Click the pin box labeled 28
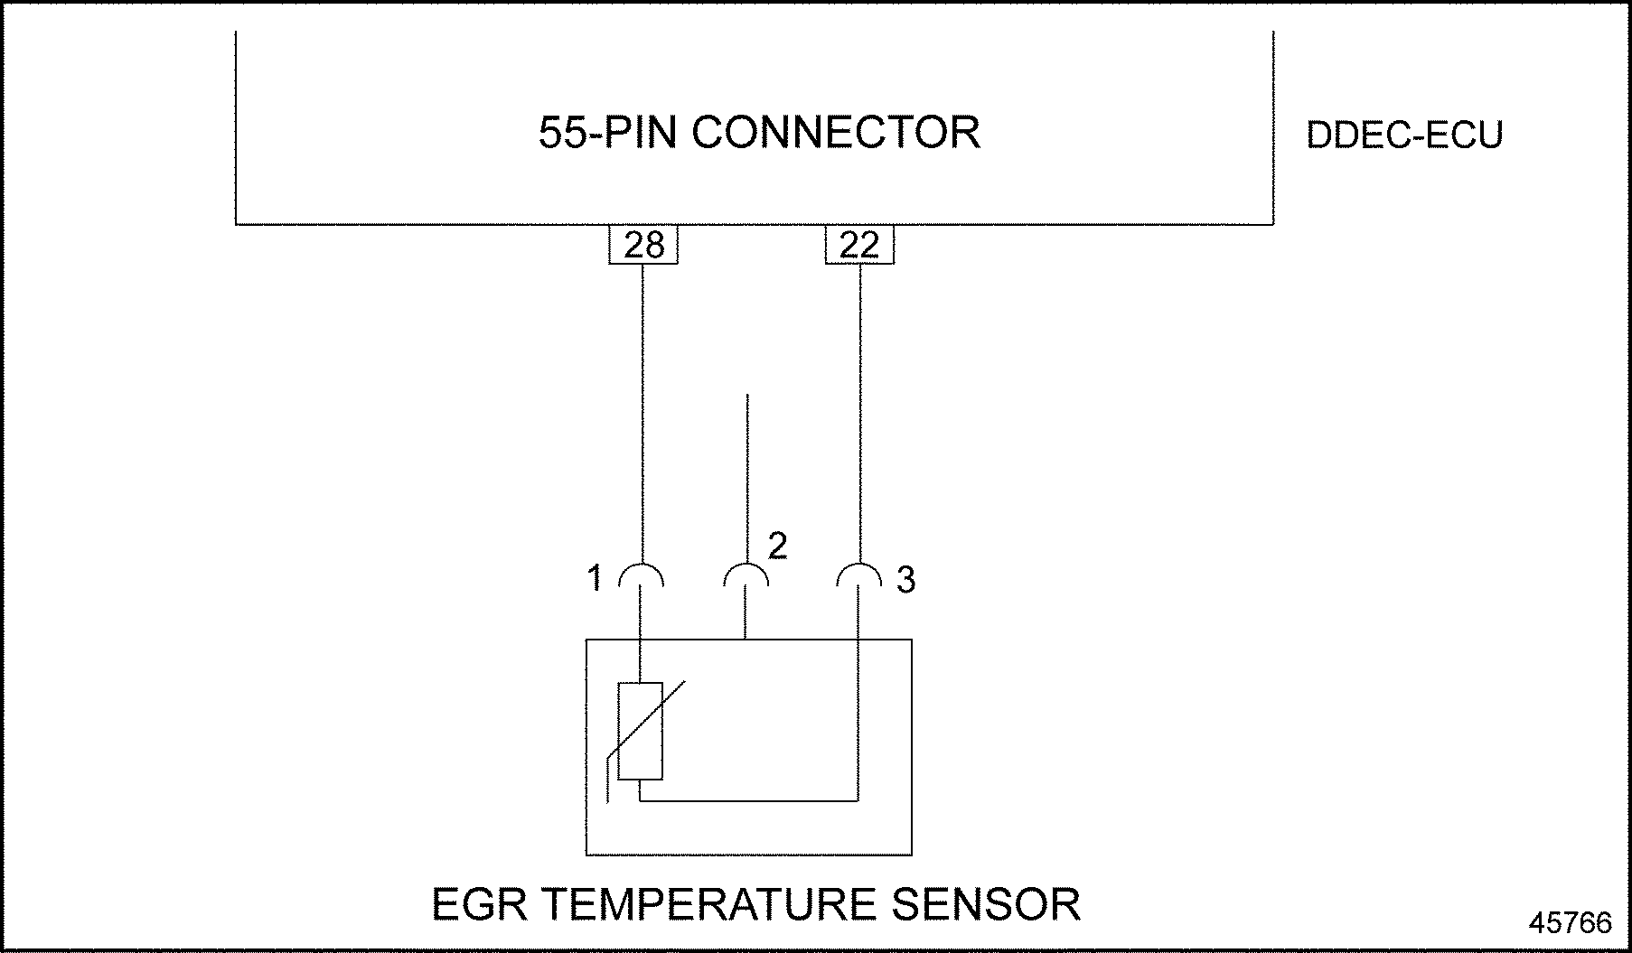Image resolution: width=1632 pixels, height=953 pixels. coord(643,245)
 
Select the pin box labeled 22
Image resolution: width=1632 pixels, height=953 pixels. coord(859,245)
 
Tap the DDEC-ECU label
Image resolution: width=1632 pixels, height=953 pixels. coord(1404,135)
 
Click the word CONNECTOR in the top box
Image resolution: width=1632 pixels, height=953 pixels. coord(836,132)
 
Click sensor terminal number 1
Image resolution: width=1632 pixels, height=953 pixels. coord(594,578)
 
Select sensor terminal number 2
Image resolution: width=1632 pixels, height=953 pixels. coord(777,546)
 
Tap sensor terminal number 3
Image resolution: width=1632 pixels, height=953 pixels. coord(905,580)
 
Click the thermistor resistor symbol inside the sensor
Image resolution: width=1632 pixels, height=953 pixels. coord(641,731)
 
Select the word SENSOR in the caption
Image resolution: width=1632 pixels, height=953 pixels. coord(987,904)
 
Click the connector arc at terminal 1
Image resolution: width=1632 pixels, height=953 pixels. coord(642,573)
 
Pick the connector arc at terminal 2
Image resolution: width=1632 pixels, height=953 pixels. coord(746,573)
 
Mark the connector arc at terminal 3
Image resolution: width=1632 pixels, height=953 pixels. coord(858,573)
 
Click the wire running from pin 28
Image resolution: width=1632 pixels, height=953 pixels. coord(642,406)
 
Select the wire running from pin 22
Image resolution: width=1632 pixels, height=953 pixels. coord(859,406)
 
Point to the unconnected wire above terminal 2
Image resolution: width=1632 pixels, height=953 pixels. coord(746,470)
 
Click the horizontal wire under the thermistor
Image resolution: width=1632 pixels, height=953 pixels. coord(750,800)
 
